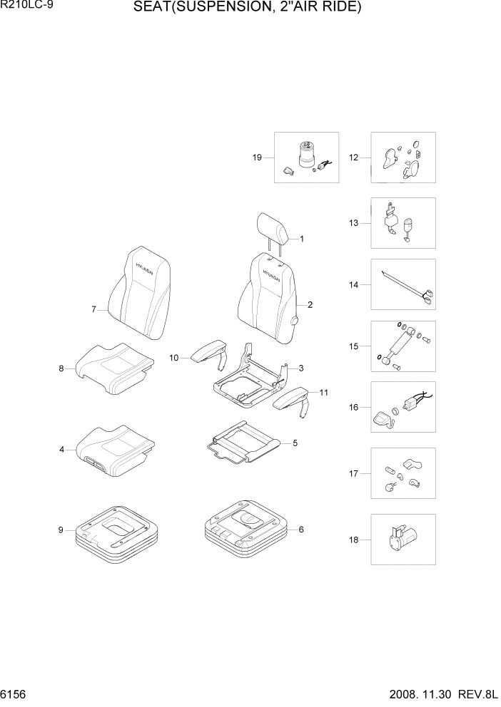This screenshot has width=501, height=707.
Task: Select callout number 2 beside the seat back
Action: tap(310, 305)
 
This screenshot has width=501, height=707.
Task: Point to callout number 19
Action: tap(257, 158)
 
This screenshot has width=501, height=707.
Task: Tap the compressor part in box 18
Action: tap(401, 537)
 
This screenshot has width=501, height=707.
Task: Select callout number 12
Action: tap(353, 158)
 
